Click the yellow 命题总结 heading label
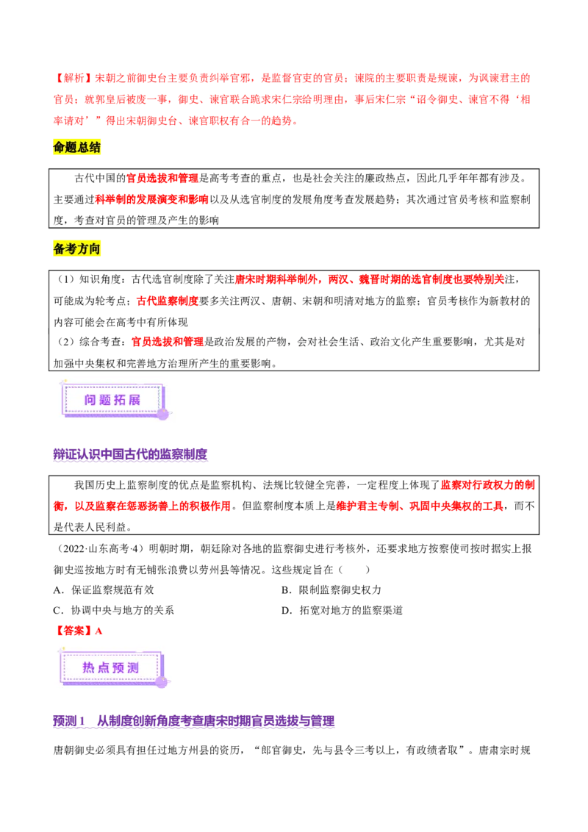tap(78, 147)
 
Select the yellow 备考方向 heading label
tap(78, 248)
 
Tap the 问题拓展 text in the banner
tap(112, 400)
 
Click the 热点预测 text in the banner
tap(111, 667)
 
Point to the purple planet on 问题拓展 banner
tap(162, 414)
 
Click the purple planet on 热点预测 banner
tap(160, 682)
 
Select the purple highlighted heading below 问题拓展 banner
tap(132, 456)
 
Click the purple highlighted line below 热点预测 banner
tap(193, 722)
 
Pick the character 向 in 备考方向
tap(96, 248)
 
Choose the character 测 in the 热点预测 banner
tap(133, 667)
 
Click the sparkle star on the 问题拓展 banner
tap(63, 383)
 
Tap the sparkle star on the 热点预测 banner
tap(63, 650)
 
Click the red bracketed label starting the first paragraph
tap(71, 78)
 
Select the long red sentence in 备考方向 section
tap(370, 279)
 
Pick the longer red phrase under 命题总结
tap(152, 199)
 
